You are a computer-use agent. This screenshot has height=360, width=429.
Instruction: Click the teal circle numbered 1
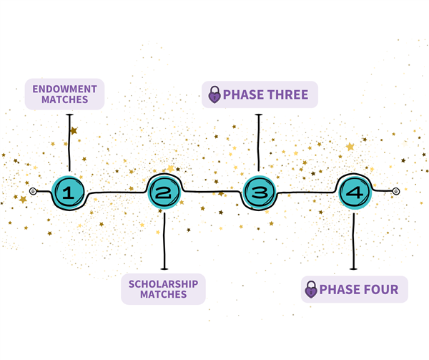tap(68, 193)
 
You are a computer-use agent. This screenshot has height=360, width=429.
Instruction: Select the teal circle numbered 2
tap(164, 193)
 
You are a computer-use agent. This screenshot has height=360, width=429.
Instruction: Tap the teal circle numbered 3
tap(259, 192)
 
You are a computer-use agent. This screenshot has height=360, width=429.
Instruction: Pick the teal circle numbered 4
tap(355, 193)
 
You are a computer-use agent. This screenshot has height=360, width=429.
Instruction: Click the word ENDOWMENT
tap(64, 89)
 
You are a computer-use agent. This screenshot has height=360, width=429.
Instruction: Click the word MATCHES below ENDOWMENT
tap(64, 99)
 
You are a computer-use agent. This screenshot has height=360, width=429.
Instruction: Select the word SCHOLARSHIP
tap(163, 284)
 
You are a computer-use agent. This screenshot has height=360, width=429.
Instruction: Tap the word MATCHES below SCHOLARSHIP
tap(163, 295)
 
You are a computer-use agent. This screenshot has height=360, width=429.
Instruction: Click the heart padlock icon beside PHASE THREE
tap(214, 94)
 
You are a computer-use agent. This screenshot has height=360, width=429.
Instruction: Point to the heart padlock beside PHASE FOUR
tap(311, 289)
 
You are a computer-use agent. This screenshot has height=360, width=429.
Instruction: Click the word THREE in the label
tap(287, 94)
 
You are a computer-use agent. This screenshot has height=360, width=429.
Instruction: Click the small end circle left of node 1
tap(33, 191)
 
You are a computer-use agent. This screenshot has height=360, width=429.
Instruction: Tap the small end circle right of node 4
tap(396, 191)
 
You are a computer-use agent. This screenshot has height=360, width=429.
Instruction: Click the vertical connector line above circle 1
tap(69, 142)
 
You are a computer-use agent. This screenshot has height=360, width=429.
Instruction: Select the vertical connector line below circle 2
tap(164, 241)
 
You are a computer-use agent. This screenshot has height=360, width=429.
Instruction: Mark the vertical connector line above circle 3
tap(259, 142)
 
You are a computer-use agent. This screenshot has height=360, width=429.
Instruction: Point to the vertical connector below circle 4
tap(353, 241)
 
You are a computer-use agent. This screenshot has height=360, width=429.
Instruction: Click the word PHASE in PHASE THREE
tap(244, 94)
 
